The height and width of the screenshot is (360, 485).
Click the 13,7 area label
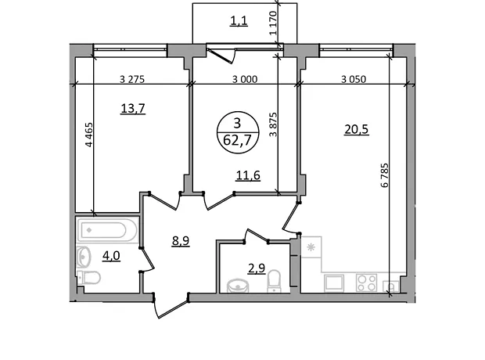click(x=133, y=109)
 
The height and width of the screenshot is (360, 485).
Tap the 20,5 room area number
click(x=357, y=129)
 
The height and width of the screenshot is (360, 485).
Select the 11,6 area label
click(x=248, y=175)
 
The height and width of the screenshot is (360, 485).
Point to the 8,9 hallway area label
click(x=181, y=240)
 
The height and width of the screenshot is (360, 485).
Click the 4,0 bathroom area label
click(x=111, y=256)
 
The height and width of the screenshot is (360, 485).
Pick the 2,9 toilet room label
click(x=257, y=268)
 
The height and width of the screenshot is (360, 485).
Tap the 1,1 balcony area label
click(x=239, y=21)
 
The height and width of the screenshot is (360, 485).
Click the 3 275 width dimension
click(x=132, y=80)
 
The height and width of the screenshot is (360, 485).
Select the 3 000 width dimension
click(x=245, y=80)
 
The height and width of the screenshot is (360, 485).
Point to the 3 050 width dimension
click(x=354, y=80)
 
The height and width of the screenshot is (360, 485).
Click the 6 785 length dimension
click(x=384, y=175)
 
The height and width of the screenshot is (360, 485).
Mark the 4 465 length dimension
click(x=88, y=135)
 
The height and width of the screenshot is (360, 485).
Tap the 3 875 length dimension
click(x=274, y=124)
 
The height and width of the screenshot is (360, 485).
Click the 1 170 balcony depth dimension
click(x=273, y=23)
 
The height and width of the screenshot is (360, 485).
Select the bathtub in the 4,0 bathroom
click(x=107, y=229)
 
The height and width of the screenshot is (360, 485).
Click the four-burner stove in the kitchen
click(x=366, y=283)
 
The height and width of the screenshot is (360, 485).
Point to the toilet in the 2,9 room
click(x=274, y=281)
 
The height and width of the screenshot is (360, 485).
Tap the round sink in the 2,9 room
click(x=238, y=286)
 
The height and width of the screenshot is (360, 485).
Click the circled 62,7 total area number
click(x=237, y=141)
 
